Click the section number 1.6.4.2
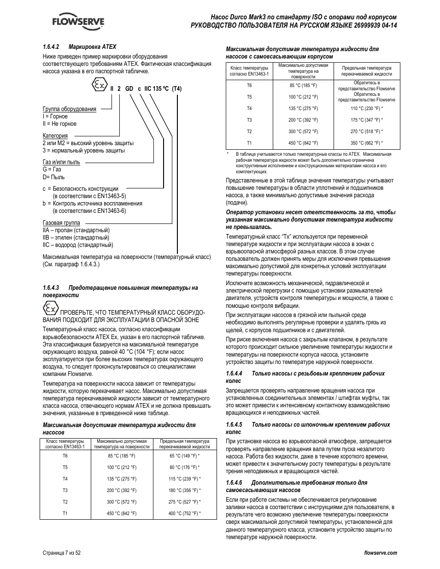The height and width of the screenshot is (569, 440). tap(53, 47)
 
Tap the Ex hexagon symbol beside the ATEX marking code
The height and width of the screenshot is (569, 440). tap(99, 85)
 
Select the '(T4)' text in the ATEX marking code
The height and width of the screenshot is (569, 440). tap(177, 89)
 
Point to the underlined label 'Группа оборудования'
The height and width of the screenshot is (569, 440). tap(70, 109)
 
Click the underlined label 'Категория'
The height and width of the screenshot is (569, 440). tap(55, 136)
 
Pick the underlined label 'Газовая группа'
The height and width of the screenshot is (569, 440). tap(61, 223)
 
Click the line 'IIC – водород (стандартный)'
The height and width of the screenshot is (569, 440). tap(78, 245)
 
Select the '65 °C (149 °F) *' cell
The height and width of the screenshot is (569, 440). tap(184, 456)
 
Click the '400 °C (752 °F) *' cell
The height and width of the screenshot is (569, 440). tap(184, 513)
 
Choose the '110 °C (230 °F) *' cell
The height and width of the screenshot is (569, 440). tap(367, 109)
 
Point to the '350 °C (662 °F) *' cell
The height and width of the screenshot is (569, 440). tap(367, 143)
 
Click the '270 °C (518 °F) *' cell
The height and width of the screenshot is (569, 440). tap(367, 131)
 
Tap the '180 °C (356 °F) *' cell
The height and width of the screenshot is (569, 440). tap(184, 491)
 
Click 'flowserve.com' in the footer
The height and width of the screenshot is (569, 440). tap(380, 553)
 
